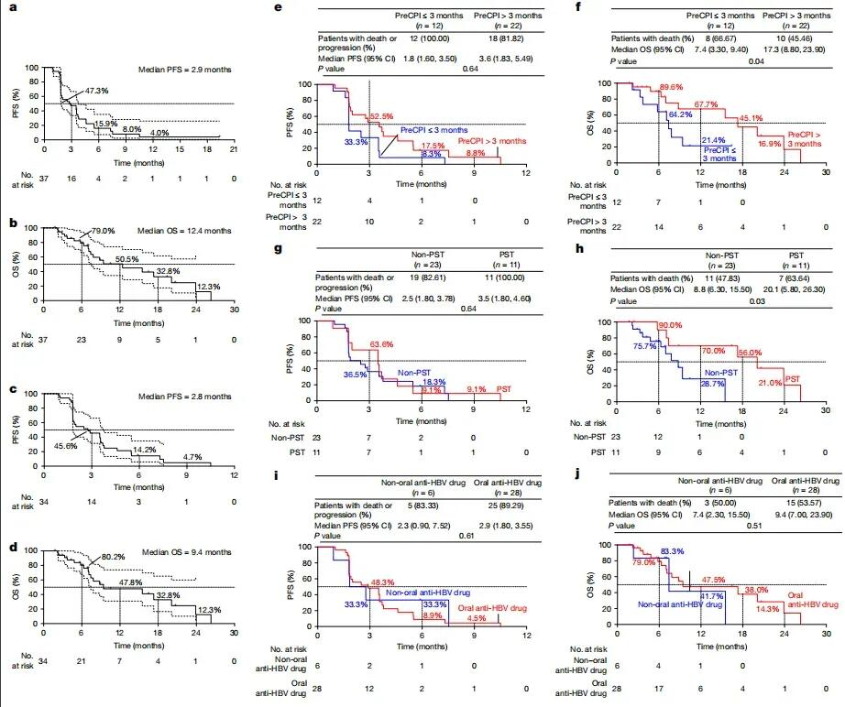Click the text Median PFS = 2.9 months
tap(182, 69)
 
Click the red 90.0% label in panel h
tap(671, 325)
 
